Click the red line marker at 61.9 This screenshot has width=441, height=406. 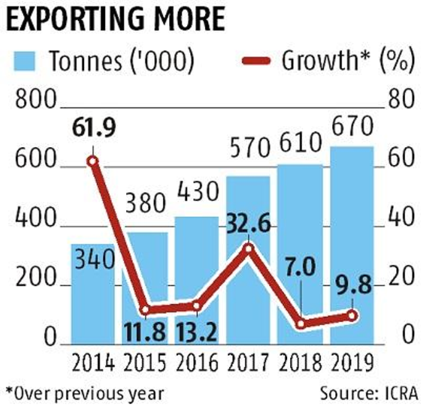(93, 162)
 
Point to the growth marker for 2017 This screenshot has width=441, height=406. (248, 249)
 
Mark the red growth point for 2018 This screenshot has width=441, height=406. (300, 324)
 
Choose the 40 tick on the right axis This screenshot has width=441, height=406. (401, 218)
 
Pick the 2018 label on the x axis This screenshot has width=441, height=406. (300, 363)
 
